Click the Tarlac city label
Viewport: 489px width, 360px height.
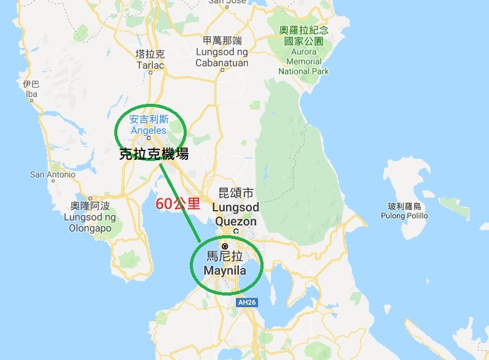[149, 65]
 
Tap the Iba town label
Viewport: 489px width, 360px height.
[31, 94]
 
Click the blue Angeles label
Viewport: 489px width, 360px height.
[148, 130]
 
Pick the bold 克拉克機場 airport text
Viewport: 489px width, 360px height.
[154, 154]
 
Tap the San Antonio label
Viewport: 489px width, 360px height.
[53, 174]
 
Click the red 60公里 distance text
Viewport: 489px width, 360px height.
[174, 204]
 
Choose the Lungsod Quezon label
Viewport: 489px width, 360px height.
[235, 214]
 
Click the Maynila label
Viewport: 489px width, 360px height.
[225, 270]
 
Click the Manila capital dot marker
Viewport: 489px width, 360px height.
[225, 246]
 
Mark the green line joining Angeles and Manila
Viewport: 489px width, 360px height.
[180, 202]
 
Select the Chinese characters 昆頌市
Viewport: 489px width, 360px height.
[236, 193]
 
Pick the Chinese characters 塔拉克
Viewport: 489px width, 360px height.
[149, 54]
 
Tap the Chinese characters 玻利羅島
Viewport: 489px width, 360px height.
[403, 206]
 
